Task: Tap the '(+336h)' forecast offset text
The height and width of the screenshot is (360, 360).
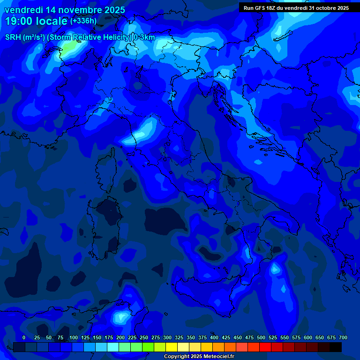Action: click(x=83, y=21)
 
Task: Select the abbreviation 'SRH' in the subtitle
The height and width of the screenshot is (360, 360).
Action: click(x=13, y=37)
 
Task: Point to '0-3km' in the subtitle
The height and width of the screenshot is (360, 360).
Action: click(x=144, y=37)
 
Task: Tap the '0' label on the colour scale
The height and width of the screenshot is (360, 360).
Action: click(x=24, y=337)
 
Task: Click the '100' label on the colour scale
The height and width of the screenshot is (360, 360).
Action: click(x=74, y=337)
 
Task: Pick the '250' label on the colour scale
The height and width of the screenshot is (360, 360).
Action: click(x=144, y=337)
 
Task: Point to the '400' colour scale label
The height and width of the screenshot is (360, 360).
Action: click(x=214, y=337)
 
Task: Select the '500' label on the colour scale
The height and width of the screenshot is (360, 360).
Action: click(x=261, y=337)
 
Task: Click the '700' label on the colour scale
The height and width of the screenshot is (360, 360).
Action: click(x=343, y=337)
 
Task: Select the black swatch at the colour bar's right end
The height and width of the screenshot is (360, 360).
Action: click(x=336, y=347)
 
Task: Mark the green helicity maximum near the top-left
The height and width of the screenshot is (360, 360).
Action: click(x=69, y=46)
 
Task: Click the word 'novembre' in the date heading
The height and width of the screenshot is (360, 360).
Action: click(x=76, y=10)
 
